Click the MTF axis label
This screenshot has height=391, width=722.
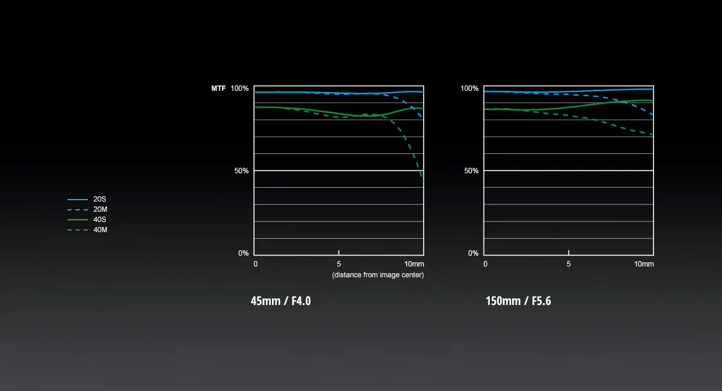point(218,88)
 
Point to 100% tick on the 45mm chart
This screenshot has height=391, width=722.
point(239,88)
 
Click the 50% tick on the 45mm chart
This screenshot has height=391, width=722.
point(241,171)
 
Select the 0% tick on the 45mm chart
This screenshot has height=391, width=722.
point(243,253)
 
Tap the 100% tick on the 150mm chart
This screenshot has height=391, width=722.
point(469,88)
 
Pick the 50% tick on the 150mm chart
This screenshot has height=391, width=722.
point(471,171)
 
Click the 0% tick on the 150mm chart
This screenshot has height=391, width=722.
point(473,253)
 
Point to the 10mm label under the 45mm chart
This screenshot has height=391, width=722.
point(414,264)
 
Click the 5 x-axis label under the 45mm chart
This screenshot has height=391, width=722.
point(339,264)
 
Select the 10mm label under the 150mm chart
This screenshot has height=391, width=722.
point(644,264)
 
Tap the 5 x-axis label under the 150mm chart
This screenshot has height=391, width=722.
point(569,264)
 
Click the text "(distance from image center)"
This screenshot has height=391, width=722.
point(378,275)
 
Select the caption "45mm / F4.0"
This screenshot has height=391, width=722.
point(280,301)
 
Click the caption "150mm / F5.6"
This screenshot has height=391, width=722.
point(518,301)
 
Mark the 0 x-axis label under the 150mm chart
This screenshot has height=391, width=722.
point(486,264)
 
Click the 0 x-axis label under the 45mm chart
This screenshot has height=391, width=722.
point(256,264)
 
